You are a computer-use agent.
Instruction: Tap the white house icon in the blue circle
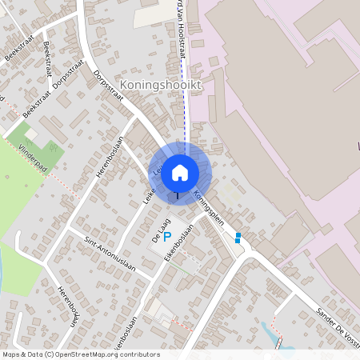click(x=180, y=172)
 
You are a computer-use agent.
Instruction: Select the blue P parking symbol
click(x=167, y=236)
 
